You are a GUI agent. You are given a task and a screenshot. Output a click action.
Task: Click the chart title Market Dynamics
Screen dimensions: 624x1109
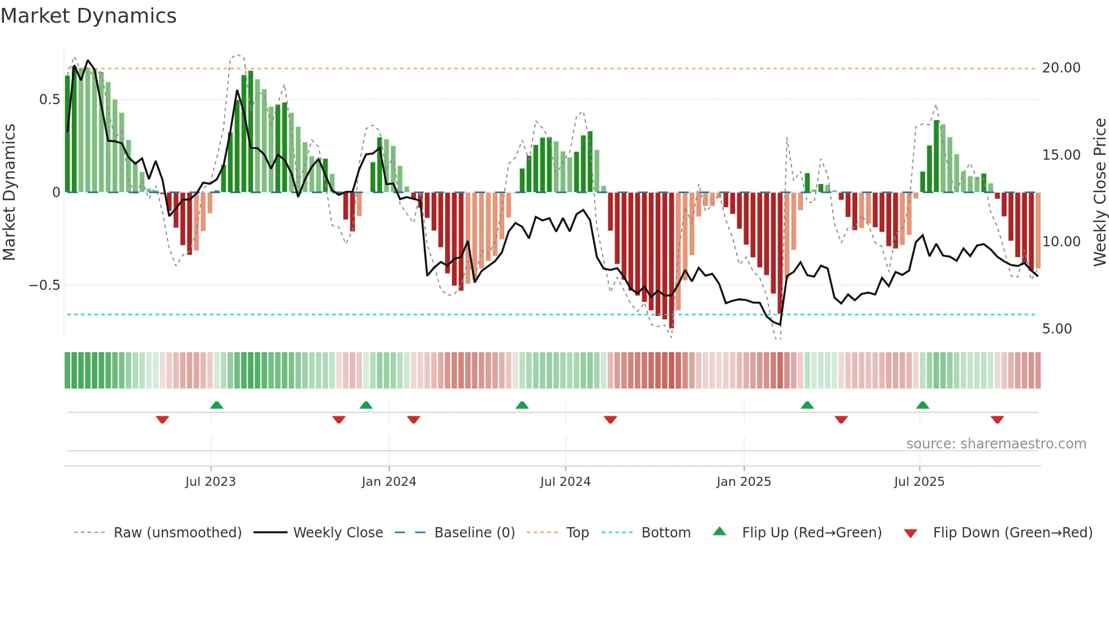coord(88,16)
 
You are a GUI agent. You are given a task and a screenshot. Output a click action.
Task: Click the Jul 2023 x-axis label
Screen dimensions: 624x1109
coord(210,481)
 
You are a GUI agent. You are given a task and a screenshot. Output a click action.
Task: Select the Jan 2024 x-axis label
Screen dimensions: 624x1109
coord(389,481)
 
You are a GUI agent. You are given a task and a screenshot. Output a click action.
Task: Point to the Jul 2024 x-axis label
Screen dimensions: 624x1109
coord(565,481)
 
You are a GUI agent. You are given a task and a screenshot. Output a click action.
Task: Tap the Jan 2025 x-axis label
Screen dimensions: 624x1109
coord(743,481)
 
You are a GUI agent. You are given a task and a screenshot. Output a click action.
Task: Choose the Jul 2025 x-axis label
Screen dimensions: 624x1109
coord(919,481)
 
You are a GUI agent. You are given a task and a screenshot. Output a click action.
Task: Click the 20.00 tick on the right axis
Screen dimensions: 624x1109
coord(1061,68)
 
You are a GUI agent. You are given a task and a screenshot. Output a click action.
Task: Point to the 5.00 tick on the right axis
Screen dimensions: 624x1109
coord(1056,329)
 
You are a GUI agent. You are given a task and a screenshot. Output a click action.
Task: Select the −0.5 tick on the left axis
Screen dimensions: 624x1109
coord(45,285)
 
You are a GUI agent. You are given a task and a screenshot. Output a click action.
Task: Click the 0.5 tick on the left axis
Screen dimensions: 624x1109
coord(49,100)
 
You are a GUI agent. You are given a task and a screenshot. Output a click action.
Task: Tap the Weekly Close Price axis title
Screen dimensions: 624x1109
coord(1099,192)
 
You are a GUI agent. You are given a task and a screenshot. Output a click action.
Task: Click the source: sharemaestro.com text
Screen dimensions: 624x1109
coord(996,443)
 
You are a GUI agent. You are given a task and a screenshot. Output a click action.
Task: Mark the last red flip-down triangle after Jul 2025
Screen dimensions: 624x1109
coord(997,420)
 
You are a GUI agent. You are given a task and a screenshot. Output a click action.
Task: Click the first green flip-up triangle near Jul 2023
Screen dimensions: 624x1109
coord(216,405)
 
